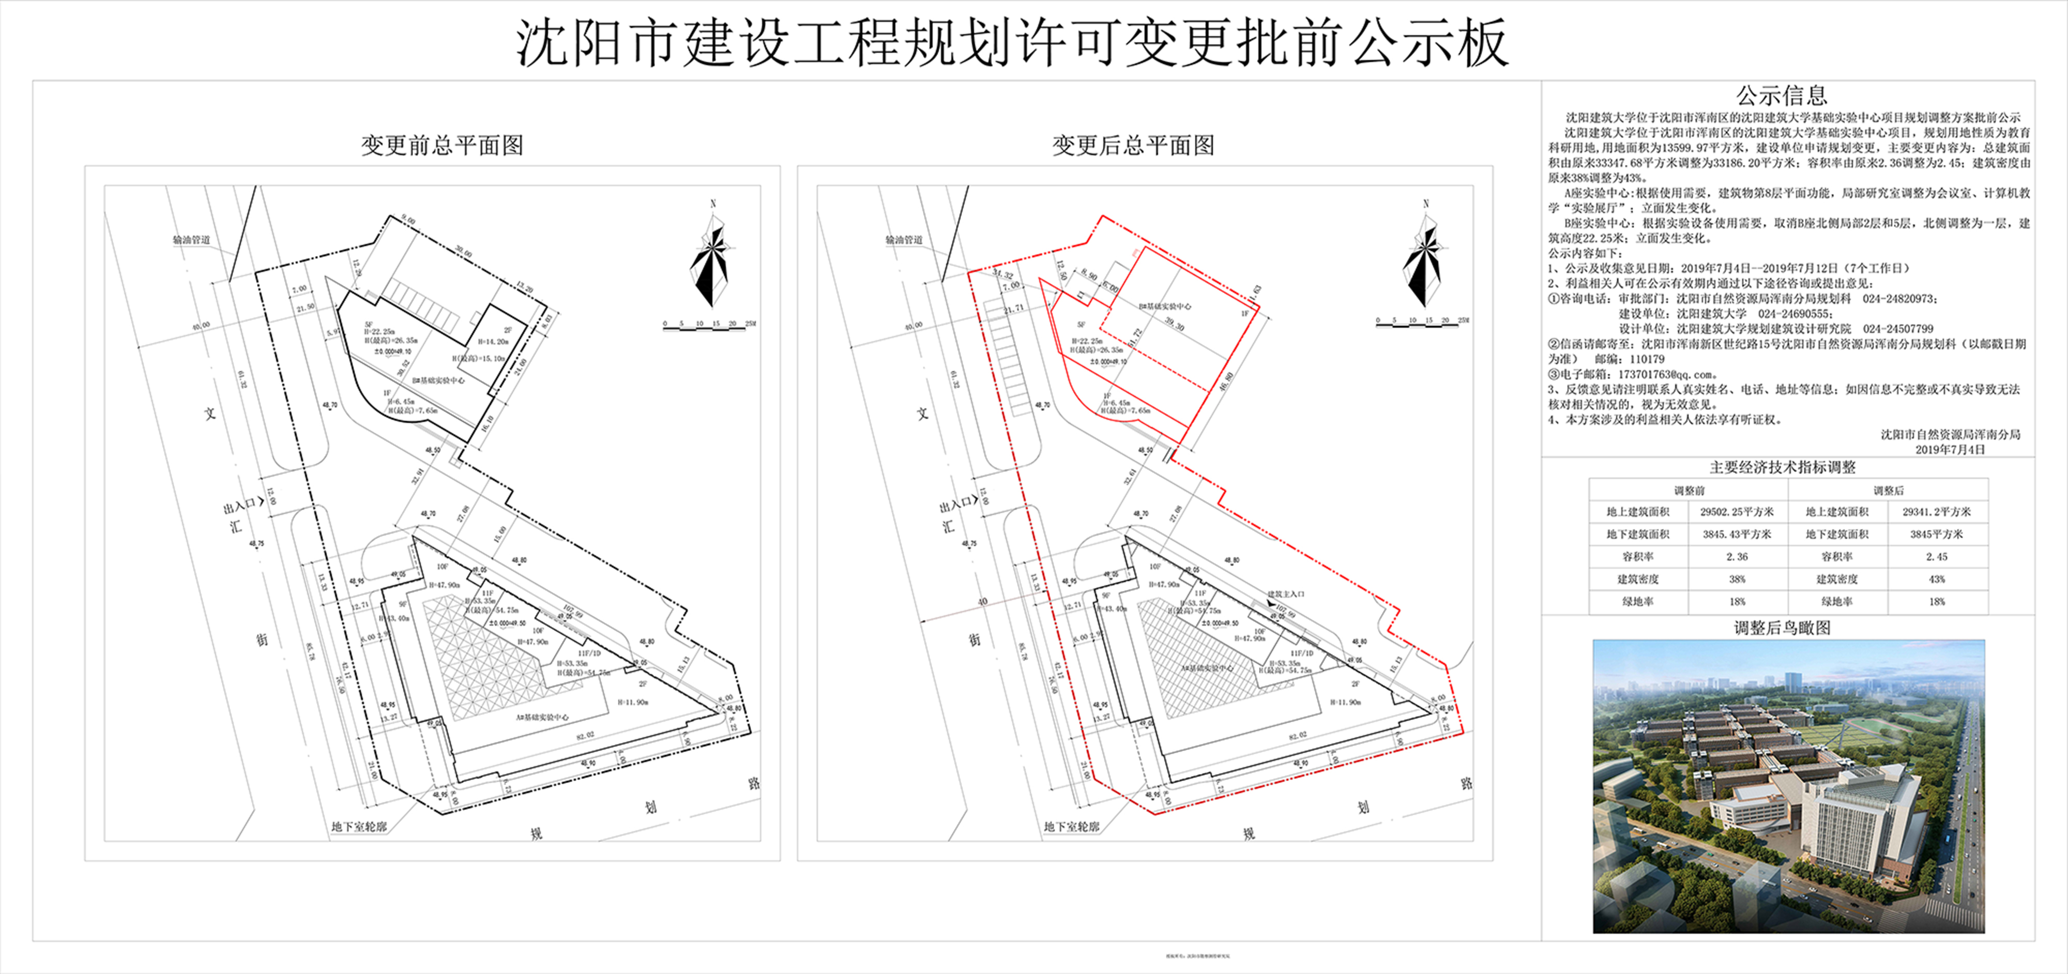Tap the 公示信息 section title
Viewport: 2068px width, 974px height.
(1782, 96)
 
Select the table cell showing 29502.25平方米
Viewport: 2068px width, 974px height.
(1737, 511)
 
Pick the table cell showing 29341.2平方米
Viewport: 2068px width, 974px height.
(1936, 511)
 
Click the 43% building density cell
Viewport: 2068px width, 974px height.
(1936, 579)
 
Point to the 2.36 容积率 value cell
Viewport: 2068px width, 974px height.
(1737, 556)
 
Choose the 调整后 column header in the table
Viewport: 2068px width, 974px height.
(1888, 490)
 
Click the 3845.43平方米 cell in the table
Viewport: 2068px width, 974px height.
(1737, 534)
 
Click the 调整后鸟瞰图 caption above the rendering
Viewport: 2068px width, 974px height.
(1782, 628)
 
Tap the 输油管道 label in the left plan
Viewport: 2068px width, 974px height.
(191, 240)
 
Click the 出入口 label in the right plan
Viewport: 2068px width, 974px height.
(956, 507)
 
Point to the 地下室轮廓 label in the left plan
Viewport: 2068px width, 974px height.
(359, 826)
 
